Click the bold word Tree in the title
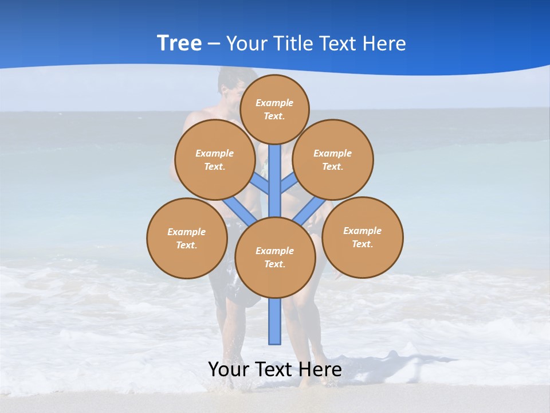point(179,43)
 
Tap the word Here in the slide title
point(385,43)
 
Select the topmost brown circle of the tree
point(274,109)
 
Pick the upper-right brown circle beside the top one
point(333,159)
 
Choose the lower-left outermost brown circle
point(187,238)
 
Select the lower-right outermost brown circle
point(363,237)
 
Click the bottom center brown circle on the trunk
point(275,258)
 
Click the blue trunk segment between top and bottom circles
point(275,181)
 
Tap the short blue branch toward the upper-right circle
point(289,183)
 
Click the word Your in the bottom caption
point(229,369)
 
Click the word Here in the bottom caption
point(320,369)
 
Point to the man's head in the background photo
point(237,83)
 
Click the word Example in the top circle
point(274,103)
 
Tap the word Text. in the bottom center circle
point(274,264)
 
